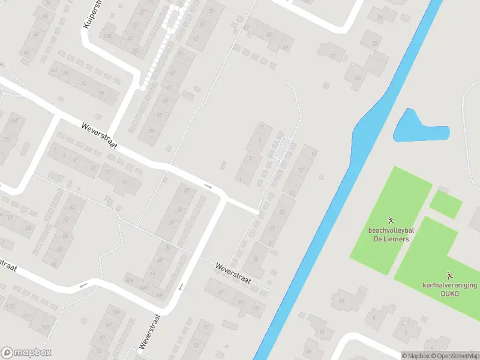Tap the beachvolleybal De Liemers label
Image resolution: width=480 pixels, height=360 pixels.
pyautogui.click(x=388, y=234)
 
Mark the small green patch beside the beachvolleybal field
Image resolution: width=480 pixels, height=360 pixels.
pyautogui.click(x=446, y=204)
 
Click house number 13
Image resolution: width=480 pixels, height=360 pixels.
pyautogui.click(x=313, y=154)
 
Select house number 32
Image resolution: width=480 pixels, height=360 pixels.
pyautogui.click(x=376, y=43)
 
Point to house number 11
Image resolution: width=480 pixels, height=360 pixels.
pyautogui.click(x=261, y=127)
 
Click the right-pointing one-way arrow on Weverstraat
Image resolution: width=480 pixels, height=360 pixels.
pyautogui.click(x=208, y=187)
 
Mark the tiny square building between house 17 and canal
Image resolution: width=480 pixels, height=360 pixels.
pyautogui.click(x=321, y=178)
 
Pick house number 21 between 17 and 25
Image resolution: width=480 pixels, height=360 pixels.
pyautogui.click(x=292, y=192)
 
